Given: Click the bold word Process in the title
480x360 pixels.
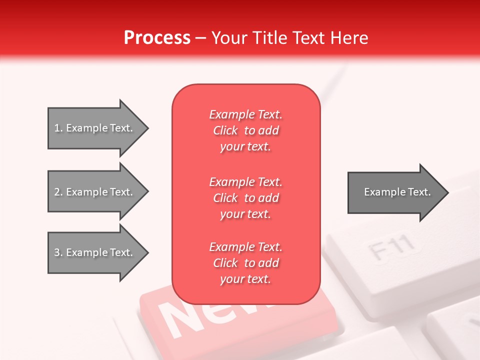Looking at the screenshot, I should point(157,38).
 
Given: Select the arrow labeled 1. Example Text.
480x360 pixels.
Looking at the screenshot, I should point(95,128).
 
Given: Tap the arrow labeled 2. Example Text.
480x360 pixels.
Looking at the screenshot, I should point(95,192).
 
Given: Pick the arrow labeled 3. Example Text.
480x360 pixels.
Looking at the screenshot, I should point(95,252).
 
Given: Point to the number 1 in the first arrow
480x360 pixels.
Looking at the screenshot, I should point(57,128).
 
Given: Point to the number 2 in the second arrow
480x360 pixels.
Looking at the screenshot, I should point(57,192).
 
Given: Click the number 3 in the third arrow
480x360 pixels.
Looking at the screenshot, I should point(57,252).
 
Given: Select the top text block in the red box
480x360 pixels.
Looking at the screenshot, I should point(245,130).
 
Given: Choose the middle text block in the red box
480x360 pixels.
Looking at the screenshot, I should point(245,198).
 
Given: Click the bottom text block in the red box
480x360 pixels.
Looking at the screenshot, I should point(245,263).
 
